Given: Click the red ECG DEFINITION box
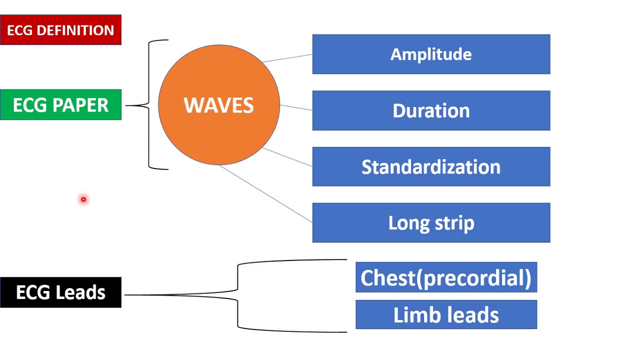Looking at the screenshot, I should [60, 30].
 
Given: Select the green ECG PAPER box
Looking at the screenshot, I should [60, 105].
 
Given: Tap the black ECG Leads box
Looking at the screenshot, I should [60, 292].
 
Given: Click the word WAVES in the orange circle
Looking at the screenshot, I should [218, 105].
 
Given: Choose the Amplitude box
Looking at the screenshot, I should [431, 54].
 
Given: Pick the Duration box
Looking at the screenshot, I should [431, 110].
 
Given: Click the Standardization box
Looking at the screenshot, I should [431, 166].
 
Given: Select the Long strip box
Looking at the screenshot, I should [431, 222].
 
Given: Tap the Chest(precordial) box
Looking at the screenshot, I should [446, 277].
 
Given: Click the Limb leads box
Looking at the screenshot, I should [446, 315].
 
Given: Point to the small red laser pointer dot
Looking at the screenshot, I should [83, 199].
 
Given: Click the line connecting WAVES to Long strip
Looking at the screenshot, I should [265, 193].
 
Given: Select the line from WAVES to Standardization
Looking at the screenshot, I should [287, 157].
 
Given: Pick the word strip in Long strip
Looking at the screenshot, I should [455, 223].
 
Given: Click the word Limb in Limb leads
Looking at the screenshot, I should [412, 315].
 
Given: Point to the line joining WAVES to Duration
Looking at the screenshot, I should [296, 107].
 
